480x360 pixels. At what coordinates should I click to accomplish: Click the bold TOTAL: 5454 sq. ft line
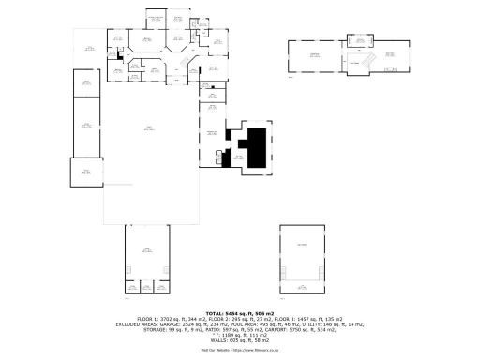[x=240, y=312]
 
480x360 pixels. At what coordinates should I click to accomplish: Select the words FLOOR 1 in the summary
[x=146, y=319]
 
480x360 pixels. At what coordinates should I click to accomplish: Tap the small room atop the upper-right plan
[x=358, y=39]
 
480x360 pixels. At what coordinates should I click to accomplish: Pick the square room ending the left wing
[x=85, y=172]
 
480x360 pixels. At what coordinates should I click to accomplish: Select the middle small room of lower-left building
[x=148, y=286]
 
